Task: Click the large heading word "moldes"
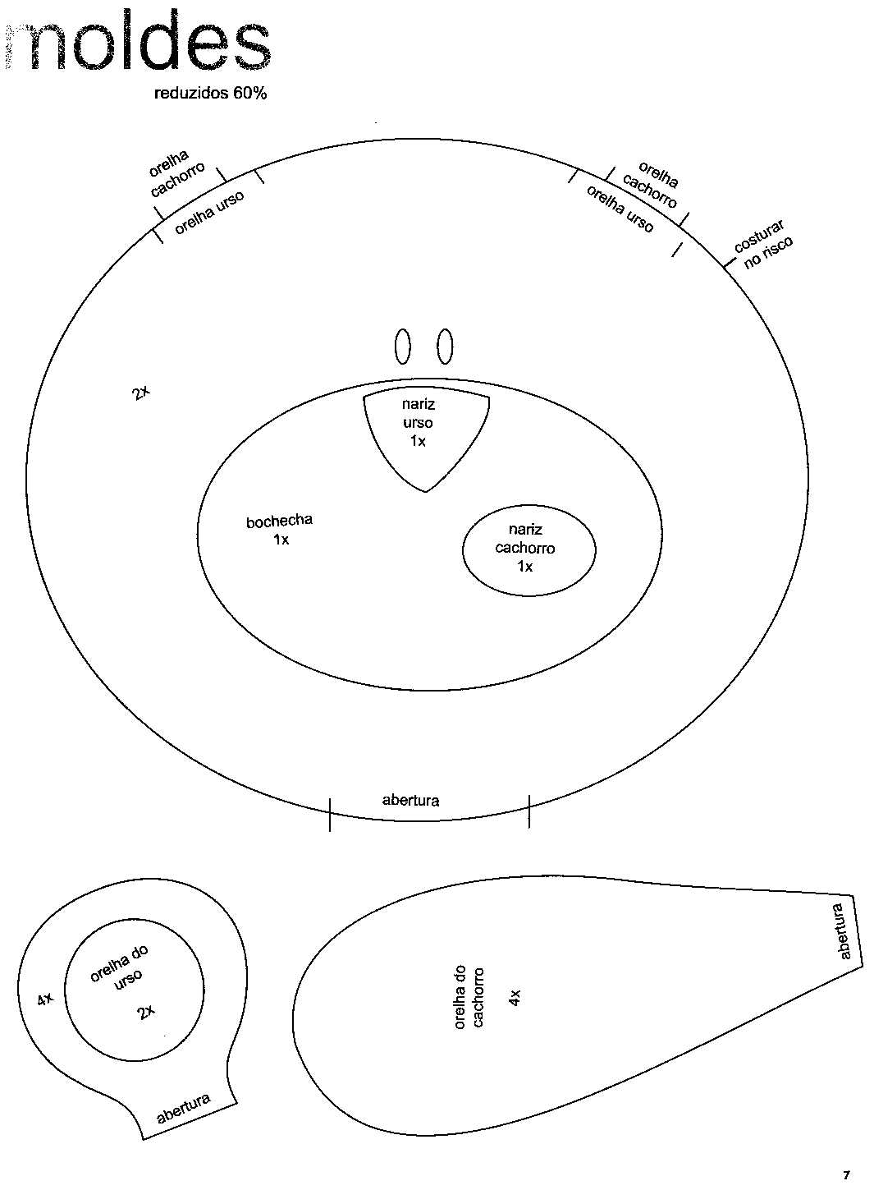click(x=137, y=41)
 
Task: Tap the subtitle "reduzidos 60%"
click(x=210, y=94)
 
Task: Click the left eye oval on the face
click(x=402, y=347)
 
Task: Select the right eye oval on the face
click(x=445, y=347)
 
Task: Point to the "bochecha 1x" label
click(x=279, y=529)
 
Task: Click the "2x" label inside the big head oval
click(x=140, y=393)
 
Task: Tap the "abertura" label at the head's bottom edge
click(x=410, y=800)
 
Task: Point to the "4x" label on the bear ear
click(x=45, y=999)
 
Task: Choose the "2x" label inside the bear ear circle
click(x=146, y=1013)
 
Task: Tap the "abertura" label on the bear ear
click(x=184, y=1109)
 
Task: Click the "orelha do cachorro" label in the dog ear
click(x=469, y=998)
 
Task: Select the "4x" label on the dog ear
click(x=514, y=997)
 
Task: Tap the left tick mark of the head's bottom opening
click(x=330, y=815)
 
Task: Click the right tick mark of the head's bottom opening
click(x=529, y=811)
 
